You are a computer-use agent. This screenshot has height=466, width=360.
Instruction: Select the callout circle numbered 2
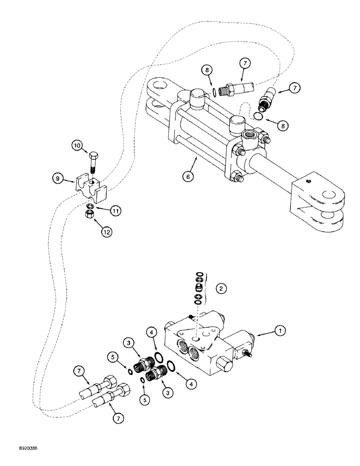(x=221, y=288)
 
